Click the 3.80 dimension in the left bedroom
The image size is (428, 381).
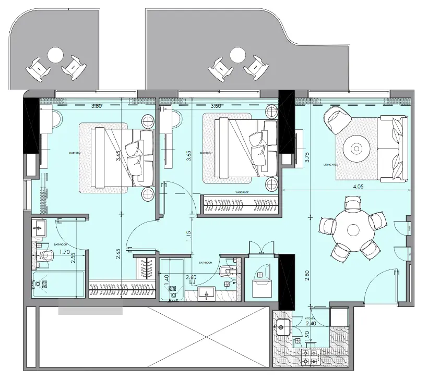96,106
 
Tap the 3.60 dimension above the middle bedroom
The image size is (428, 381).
217,106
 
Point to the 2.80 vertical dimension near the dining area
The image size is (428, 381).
307,276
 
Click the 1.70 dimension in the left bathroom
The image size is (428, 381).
65,252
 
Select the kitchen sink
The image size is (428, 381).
284,328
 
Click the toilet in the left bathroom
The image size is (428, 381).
48,255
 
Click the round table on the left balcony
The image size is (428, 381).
55,54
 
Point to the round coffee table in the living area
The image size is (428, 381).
357,149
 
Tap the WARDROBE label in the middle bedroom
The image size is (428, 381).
241,192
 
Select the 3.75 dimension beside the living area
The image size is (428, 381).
307,157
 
